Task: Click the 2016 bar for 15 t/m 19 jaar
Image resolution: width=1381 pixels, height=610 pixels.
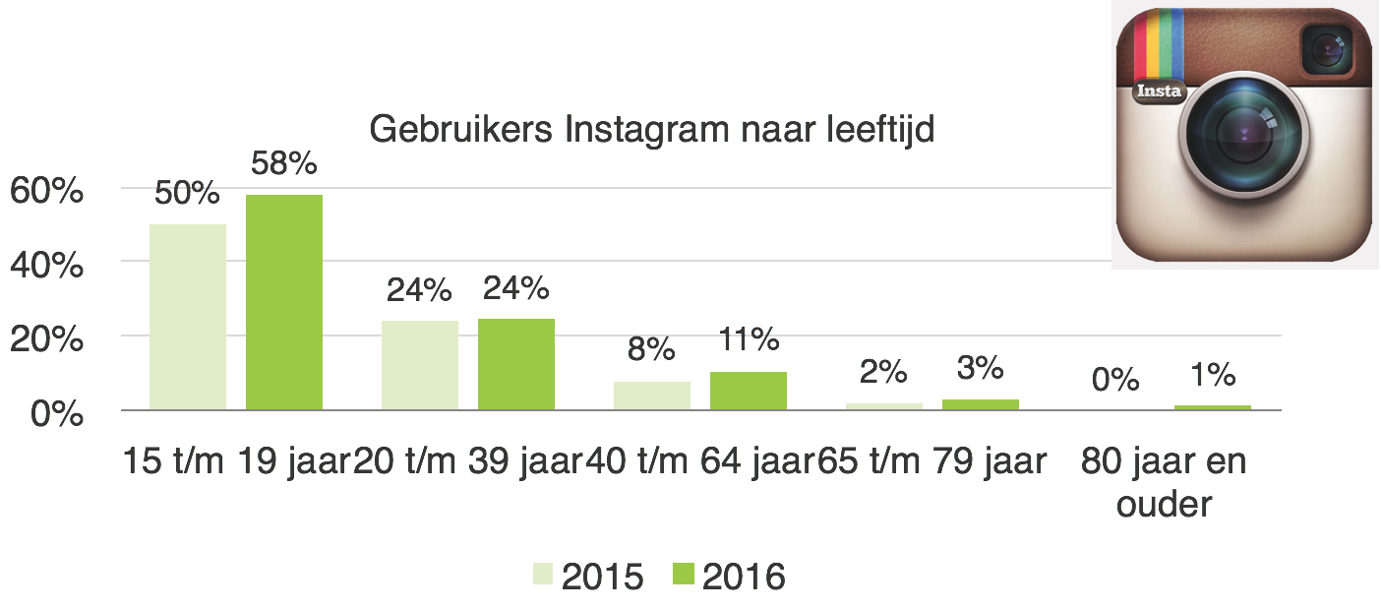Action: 284,302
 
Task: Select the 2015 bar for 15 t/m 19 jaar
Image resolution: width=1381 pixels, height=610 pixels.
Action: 188,317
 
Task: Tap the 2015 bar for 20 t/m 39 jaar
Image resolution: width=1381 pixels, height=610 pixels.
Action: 420,365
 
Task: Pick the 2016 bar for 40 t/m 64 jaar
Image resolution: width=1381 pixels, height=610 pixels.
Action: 749,391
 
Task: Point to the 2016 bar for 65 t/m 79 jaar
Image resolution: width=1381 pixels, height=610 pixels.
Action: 981,404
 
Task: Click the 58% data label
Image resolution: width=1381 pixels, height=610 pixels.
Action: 284,163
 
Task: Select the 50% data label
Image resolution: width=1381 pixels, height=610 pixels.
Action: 187,193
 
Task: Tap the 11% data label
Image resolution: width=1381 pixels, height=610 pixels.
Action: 748,340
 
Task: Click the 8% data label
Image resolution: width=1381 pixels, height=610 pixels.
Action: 652,349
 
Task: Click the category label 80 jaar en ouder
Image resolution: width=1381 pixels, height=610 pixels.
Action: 1164,481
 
